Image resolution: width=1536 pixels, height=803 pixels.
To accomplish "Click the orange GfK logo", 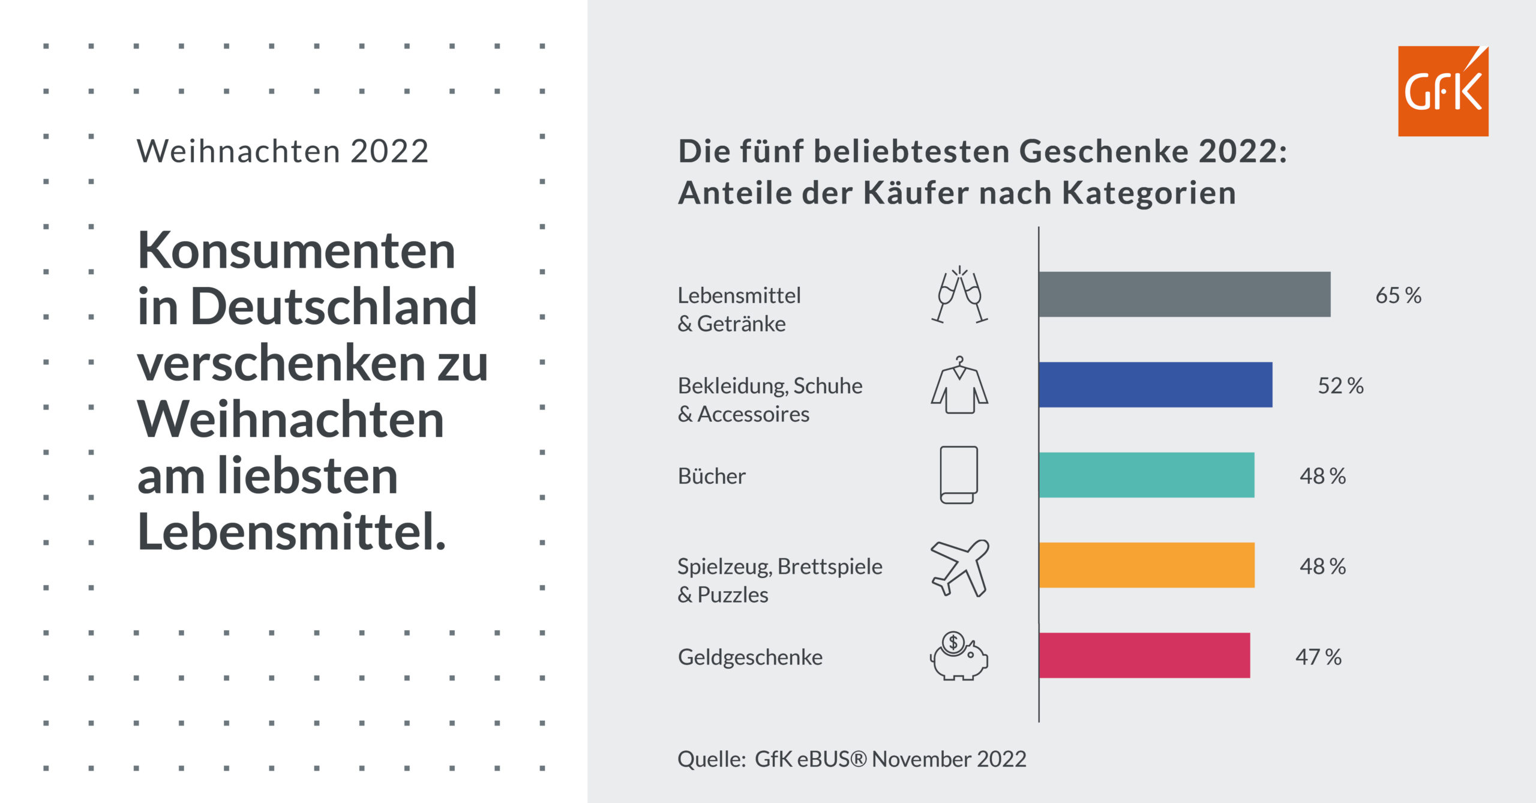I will pyautogui.click(x=1442, y=91).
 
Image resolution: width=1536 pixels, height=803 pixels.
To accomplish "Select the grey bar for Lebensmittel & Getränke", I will pyautogui.click(x=1184, y=294).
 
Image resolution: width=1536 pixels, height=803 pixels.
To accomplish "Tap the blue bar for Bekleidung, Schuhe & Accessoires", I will pyautogui.click(x=1155, y=385).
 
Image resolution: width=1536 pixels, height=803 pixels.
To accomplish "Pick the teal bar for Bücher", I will pyautogui.click(x=1146, y=475).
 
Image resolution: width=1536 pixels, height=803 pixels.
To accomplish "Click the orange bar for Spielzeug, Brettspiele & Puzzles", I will pyautogui.click(x=1146, y=565).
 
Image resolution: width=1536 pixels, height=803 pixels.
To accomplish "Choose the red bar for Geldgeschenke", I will pyautogui.click(x=1144, y=655).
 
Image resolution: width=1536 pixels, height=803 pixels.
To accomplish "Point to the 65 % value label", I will pyautogui.click(x=1398, y=295).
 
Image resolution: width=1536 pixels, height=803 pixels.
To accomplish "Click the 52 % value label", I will pyautogui.click(x=1340, y=385).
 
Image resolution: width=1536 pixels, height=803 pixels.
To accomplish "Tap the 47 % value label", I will pyautogui.click(x=1318, y=657).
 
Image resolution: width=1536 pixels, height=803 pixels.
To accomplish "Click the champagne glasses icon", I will pyautogui.click(x=959, y=295).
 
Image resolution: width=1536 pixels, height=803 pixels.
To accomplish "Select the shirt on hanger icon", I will pyautogui.click(x=959, y=385).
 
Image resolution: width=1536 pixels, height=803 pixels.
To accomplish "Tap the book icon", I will pyautogui.click(x=958, y=475).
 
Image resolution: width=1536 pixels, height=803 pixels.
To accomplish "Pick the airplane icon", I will pyautogui.click(x=959, y=567).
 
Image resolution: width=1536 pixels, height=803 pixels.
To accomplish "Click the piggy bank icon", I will pyautogui.click(x=959, y=656).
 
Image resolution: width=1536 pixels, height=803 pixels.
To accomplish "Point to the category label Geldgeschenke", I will pyautogui.click(x=749, y=657).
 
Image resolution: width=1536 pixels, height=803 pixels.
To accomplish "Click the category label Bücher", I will pyautogui.click(x=711, y=476).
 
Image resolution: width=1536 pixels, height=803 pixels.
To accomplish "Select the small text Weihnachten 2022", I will pyautogui.click(x=282, y=151).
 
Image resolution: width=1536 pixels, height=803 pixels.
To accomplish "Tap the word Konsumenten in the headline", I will pyautogui.click(x=296, y=250).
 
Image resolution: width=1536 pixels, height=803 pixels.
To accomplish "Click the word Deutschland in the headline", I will pyautogui.click(x=334, y=307).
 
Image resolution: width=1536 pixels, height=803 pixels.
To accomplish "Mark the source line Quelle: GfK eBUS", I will pyautogui.click(x=851, y=759).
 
